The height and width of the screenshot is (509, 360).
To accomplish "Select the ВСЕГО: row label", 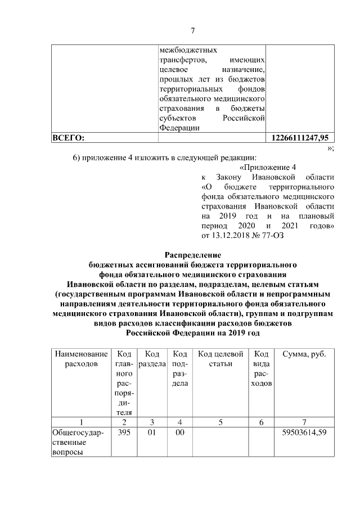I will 68,137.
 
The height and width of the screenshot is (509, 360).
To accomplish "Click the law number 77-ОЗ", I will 272,236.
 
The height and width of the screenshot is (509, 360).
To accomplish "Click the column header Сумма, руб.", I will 304,354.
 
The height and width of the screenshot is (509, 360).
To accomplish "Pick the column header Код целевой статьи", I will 221,359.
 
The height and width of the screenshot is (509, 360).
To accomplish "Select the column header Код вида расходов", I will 262,368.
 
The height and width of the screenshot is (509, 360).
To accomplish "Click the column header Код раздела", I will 151,359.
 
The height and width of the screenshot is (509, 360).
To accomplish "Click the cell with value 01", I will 151,433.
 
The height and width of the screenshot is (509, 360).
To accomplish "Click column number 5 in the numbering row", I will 221,422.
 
